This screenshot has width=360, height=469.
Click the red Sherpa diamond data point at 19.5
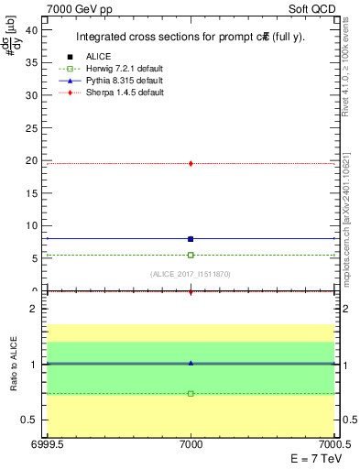(191, 163)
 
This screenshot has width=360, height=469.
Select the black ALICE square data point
(191, 239)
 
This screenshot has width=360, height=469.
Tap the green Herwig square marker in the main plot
(191, 255)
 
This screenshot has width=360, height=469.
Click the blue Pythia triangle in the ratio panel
(191, 363)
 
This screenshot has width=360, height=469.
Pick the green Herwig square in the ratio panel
(191, 393)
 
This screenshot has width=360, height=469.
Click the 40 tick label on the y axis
(32, 29)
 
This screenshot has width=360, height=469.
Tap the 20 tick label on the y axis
(32, 160)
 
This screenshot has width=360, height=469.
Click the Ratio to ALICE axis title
(15, 365)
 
